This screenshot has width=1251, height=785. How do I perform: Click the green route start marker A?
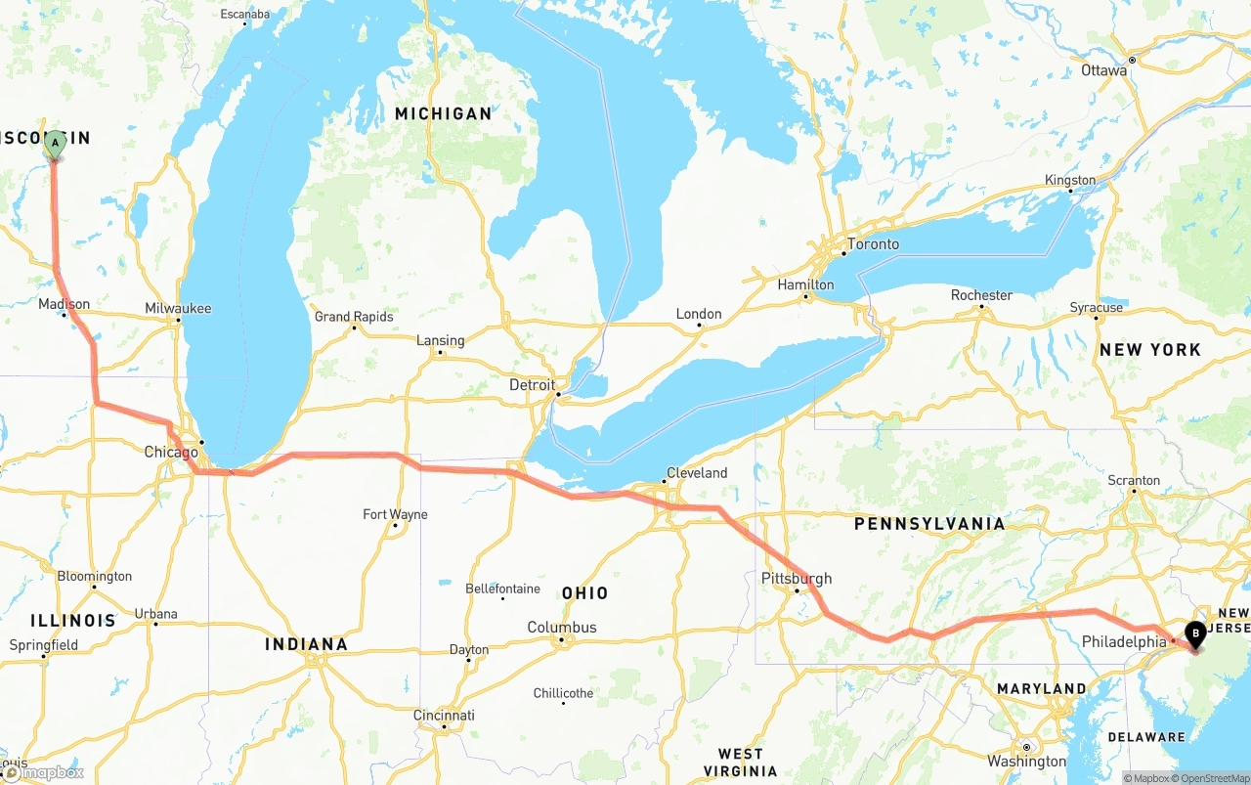pos(55,144)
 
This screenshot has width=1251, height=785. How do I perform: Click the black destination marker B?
pos(1195,634)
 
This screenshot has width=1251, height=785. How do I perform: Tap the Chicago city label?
pos(171,452)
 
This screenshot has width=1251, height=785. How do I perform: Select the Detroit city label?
pos(532,385)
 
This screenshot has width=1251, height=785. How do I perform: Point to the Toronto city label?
pos(873,244)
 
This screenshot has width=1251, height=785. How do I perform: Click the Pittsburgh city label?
pos(797,579)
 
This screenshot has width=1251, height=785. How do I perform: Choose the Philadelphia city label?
pos(1124,642)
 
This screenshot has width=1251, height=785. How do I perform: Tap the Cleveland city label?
pos(697,473)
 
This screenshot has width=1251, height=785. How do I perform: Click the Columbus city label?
pos(561,628)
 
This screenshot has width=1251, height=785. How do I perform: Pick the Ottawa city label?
pos(1104,70)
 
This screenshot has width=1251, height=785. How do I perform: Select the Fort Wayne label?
pos(395,514)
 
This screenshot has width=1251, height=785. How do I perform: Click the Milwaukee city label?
pos(178,308)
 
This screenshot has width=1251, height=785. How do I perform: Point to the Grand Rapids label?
pos(354,317)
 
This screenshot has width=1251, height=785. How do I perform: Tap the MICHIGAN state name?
pos(443,114)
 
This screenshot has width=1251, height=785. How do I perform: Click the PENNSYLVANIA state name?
pos(928,524)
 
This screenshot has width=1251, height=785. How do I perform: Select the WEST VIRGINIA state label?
pos(740,762)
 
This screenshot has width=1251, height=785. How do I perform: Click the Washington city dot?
pos(1025,747)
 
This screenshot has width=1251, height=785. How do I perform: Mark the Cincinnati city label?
pos(444,716)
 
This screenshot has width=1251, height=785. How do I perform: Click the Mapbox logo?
pos(43,773)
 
